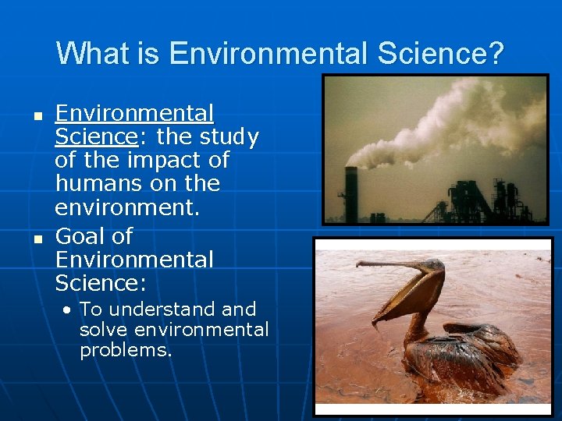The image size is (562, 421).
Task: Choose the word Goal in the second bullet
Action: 84,235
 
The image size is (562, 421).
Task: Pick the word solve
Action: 105,330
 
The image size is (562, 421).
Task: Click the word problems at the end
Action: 125,350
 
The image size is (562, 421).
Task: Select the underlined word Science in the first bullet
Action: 95,137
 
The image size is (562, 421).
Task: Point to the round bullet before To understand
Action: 69,310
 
